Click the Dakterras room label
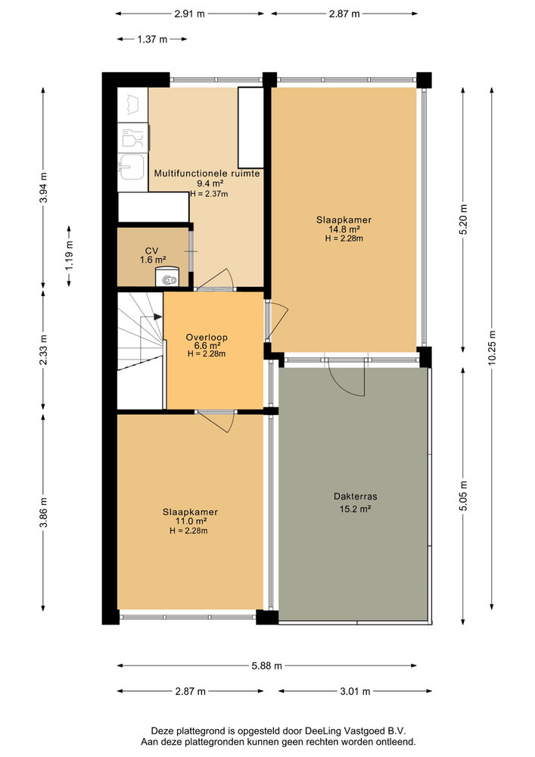point(355,497)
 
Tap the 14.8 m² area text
point(344,229)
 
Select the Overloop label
point(207,338)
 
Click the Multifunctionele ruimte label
point(207,173)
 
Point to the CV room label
point(151,251)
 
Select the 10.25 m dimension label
point(493,350)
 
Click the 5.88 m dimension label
point(267,666)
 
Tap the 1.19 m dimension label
point(69,255)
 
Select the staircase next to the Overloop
point(140,349)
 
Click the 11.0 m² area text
point(188,522)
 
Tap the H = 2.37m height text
point(210,193)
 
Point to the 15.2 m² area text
point(355,509)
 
